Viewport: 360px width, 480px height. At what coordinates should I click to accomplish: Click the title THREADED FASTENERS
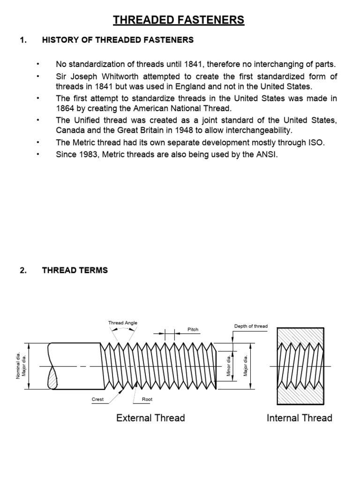point(179,20)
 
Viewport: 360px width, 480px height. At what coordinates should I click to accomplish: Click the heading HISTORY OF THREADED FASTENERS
point(118,40)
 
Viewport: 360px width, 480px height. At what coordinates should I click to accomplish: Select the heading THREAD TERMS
point(75,270)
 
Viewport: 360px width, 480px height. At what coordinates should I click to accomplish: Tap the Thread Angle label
point(123,323)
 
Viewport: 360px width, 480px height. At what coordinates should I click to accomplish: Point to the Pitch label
point(193,330)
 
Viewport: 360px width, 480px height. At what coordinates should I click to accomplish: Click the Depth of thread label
point(251,326)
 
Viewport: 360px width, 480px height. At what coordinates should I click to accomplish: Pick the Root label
point(147,399)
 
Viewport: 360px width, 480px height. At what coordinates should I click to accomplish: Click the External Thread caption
point(150,418)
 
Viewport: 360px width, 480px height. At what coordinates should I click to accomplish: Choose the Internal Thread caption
point(299,418)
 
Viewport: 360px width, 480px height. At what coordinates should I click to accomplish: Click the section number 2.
point(23,270)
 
